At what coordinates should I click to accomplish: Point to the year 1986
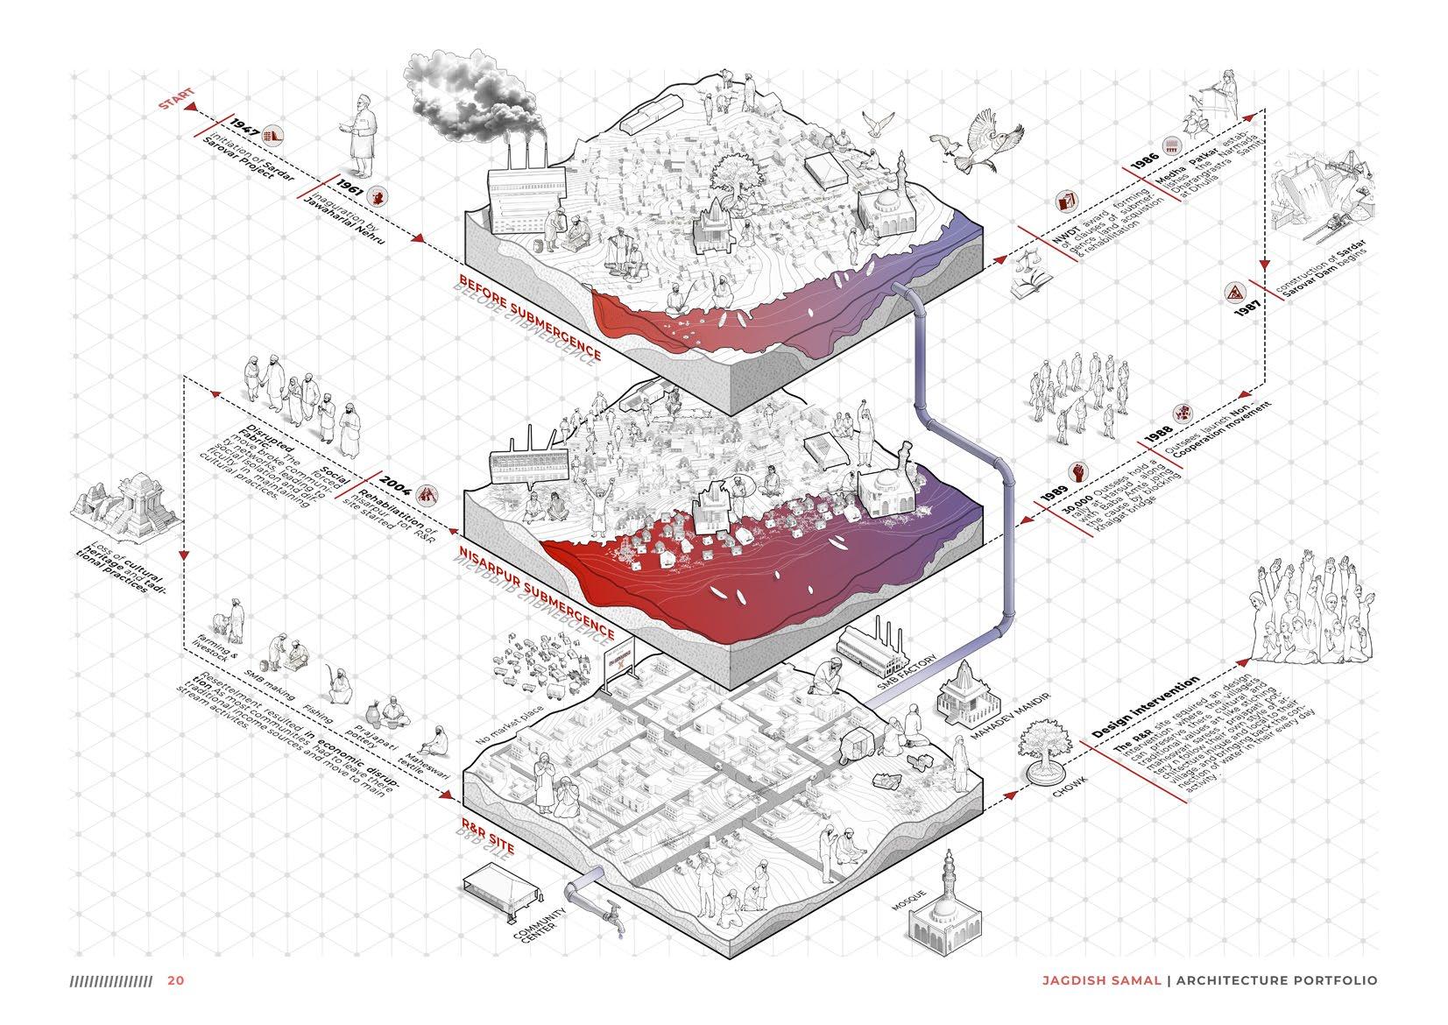(x=1143, y=162)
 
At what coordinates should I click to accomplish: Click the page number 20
(x=175, y=980)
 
